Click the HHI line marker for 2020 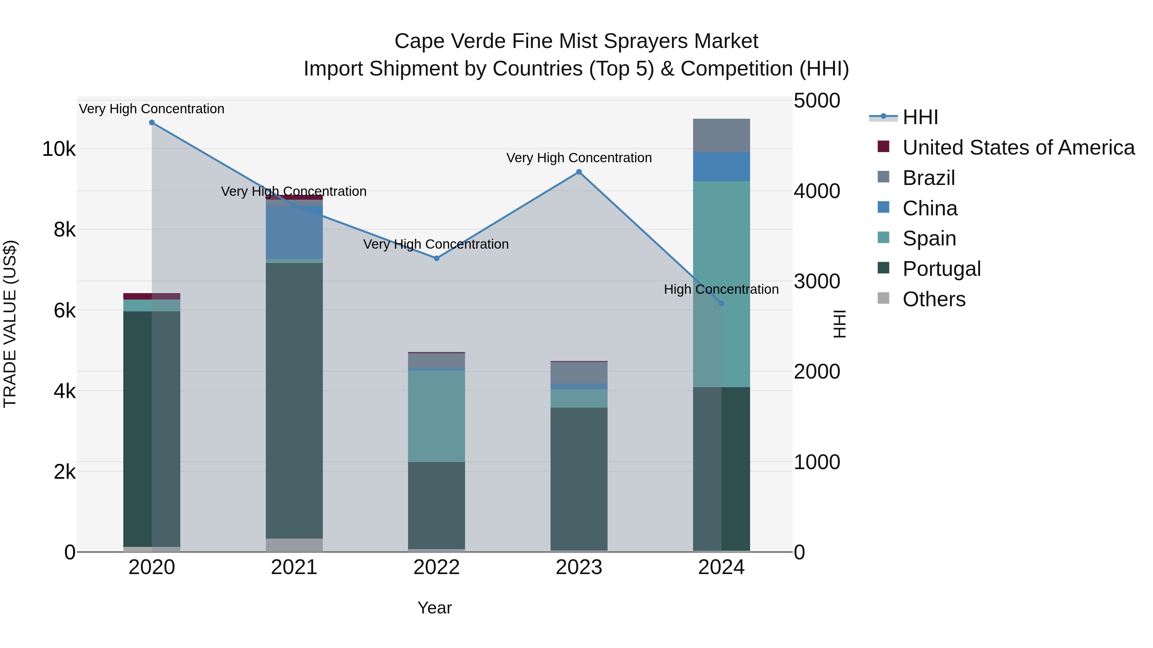[152, 123]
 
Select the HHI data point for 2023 [579, 172]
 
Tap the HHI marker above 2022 [437, 259]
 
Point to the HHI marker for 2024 [721, 304]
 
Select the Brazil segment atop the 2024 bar [721, 135]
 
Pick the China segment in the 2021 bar [294, 233]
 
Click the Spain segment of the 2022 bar [437, 416]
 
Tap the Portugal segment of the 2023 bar [579, 478]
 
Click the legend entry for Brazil [929, 178]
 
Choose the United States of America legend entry [1018, 148]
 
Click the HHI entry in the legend [920, 117]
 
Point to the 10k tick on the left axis [59, 149]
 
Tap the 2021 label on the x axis [294, 567]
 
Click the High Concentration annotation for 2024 [721, 289]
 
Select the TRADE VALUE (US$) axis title [10, 324]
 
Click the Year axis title [435, 608]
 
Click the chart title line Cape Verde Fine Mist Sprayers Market [576, 41]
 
